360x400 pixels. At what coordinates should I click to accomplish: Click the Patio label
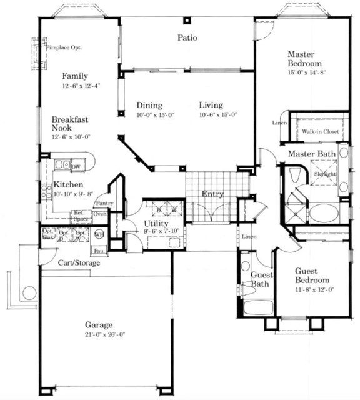coord(187,38)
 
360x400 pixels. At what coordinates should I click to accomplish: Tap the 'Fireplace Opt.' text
coord(64,47)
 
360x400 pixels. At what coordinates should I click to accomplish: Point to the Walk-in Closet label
coord(321,132)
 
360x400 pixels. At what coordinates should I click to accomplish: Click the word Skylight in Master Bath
coord(325,174)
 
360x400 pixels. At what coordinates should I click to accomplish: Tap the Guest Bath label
coord(259,279)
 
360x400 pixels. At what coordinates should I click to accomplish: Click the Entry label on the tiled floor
coord(212,194)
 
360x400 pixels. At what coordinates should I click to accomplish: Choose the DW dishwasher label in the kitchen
coord(76,167)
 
